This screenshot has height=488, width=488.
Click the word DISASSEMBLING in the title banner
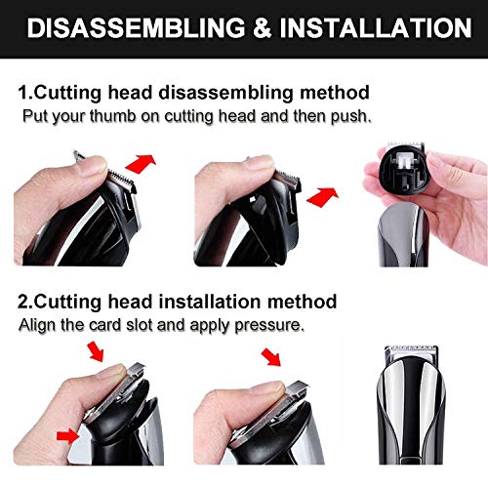click(136, 28)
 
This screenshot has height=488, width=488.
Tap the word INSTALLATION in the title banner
click(376, 28)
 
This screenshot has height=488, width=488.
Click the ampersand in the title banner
click(263, 28)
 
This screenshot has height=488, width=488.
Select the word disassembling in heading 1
click(226, 93)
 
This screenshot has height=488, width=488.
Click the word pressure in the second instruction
click(269, 325)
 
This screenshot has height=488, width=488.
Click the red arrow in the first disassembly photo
click(141, 163)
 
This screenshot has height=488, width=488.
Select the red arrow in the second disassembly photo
click(323, 196)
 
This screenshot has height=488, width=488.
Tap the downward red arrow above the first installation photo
click(97, 352)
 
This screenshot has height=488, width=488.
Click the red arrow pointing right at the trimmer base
click(68, 436)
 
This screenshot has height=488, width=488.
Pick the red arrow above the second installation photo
click(271, 357)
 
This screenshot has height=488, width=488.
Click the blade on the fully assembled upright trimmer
click(411, 351)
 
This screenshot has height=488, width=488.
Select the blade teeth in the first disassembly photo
click(122, 179)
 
